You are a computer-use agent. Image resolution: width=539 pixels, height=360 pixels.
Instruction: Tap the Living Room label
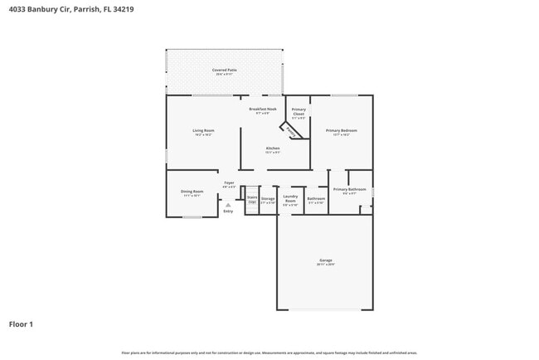[204, 132]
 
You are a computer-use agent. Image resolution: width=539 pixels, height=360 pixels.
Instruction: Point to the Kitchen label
[272, 149]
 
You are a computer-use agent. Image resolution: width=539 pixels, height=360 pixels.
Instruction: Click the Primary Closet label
[299, 114]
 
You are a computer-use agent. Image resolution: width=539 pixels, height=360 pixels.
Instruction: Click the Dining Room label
[192, 193]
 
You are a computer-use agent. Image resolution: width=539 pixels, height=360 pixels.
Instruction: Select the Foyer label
[229, 184]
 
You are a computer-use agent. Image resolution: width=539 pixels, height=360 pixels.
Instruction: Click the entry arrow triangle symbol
[228, 204]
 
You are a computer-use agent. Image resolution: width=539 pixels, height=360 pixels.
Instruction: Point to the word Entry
[228, 211]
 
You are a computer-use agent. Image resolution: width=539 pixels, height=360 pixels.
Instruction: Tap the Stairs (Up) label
[252, 199]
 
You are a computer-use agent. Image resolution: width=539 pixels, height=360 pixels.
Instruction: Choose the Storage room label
[268, 200]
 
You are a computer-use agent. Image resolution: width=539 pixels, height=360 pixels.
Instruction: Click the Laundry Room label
[290, 200]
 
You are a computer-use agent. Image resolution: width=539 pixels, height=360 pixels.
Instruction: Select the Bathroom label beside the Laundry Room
[316, 200]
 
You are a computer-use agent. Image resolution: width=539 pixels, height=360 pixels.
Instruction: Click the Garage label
[325, 262]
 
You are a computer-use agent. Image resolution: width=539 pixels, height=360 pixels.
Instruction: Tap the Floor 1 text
[21, 324]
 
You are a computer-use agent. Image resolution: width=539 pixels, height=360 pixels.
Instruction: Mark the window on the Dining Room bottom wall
[192, 217]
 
